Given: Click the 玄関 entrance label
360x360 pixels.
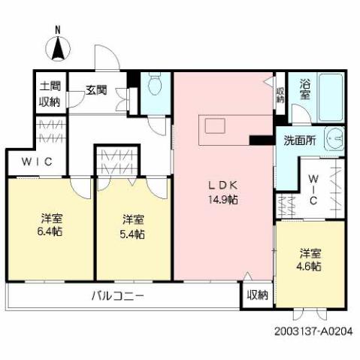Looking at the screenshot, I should pos(95,89).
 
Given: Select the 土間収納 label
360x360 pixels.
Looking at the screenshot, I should pos(50,93).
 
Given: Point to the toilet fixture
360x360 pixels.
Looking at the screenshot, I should pos(156,87).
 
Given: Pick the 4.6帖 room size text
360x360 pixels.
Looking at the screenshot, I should pos(310,266).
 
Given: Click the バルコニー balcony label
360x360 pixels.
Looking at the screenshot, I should pos(117,295).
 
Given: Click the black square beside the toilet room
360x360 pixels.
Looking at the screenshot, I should pos(133,78).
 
